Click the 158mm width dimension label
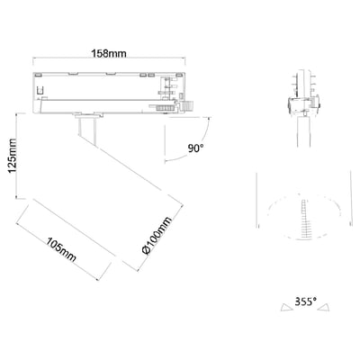click(109, 53)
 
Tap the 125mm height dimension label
click(13, 156)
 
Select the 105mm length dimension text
click(61, 249)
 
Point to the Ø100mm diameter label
click(157, 236)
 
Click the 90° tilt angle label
click(195, 148)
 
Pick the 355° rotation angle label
click(306, 301)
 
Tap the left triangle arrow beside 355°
click(286, 308)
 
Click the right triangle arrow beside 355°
click(324, 308)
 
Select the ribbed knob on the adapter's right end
click(190, 106)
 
